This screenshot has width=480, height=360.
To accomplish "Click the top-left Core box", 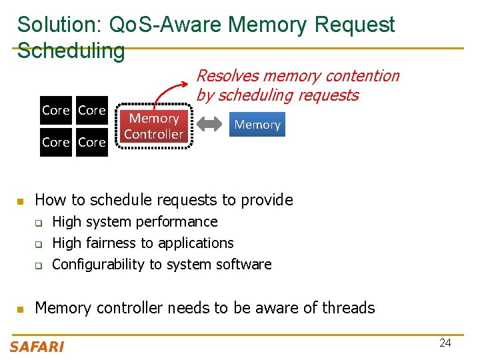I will point(55,111).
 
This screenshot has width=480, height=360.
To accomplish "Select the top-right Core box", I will point(92,111).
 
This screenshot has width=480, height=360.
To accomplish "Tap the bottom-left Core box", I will point(55,142).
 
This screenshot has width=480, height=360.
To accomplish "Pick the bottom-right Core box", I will point(92,142).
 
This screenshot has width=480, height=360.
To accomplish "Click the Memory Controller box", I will point(154,126).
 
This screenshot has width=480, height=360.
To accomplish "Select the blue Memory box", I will point(257,125).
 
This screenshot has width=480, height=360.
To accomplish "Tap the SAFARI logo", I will point(37,346).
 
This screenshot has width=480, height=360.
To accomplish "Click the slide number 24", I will point(445,343).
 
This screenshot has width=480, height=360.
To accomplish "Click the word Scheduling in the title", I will point(71,51).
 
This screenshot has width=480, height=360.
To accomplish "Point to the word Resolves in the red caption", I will point(225,76).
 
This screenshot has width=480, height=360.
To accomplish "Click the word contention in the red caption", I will point(360,76).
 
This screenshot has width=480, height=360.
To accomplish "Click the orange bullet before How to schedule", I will point(20,201).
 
